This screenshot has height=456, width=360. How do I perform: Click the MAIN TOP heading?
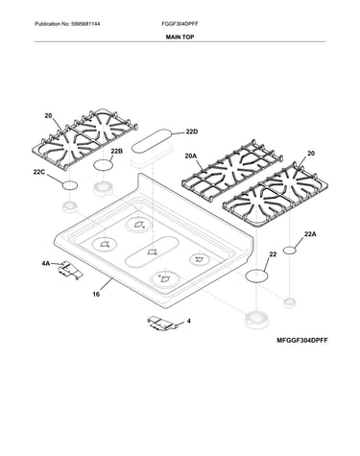(x=180, y=37)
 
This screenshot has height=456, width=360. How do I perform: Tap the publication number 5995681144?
(x=85, y=24)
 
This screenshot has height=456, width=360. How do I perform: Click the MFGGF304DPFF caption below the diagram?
(x=302, y=341)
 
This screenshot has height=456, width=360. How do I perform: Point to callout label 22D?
(x=192, y=132)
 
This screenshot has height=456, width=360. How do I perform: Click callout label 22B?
(x=116, y=152)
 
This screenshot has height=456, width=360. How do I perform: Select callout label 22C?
(x=39, y=172)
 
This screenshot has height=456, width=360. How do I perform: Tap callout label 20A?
(x=190, y=156)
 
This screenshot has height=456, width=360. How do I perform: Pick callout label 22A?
(x=310, y=234)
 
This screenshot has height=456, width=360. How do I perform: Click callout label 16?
(x=96, y=294)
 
